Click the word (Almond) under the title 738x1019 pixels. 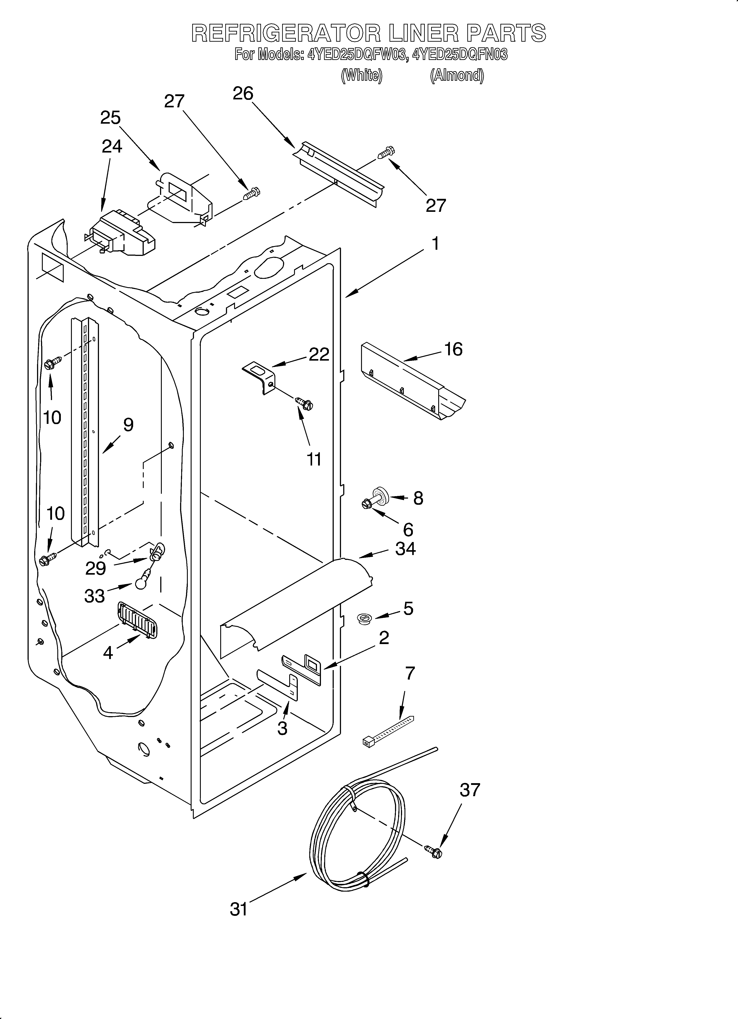coord(457,75)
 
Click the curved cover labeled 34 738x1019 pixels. coord(297,602)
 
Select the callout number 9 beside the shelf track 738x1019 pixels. coord(128,425)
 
